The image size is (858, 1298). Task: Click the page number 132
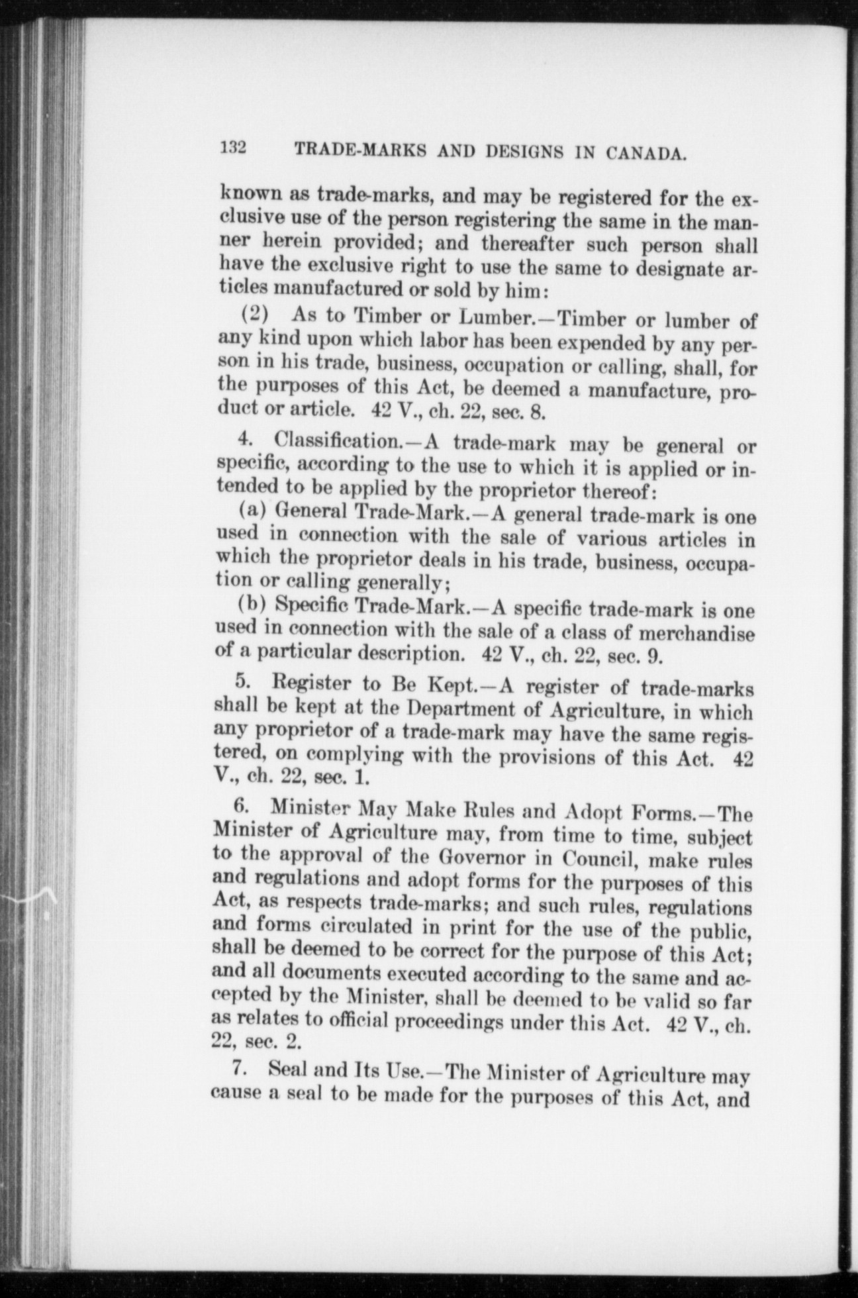(x=233, y=146)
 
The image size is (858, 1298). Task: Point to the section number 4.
(x=244, y=438)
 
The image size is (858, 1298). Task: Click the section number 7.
(x=242, y=1068)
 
